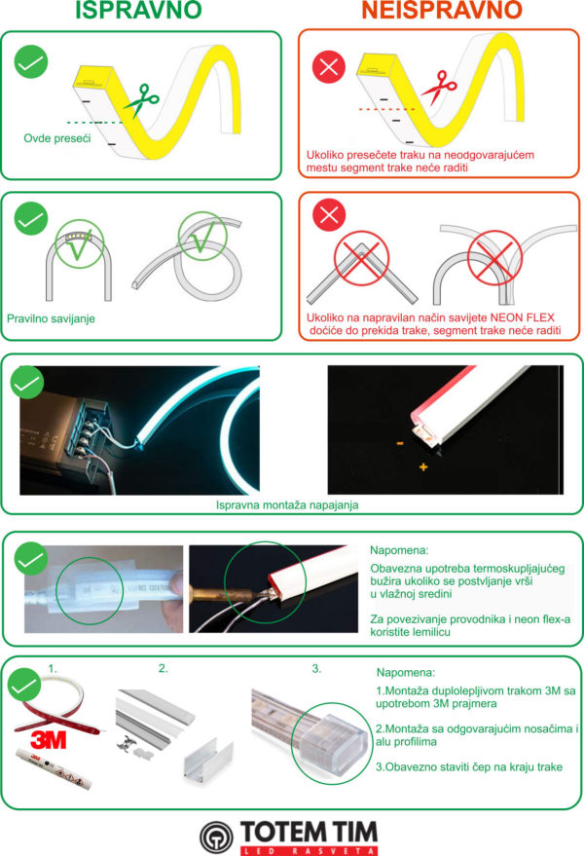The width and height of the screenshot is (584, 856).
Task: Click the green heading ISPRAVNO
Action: pos(138,10)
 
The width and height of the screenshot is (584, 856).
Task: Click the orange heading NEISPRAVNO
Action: pos(442,10)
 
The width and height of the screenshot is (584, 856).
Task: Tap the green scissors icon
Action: pos(142,100)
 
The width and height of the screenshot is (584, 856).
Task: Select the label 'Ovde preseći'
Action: pos(57,138)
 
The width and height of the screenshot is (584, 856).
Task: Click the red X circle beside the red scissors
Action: pos(329,67)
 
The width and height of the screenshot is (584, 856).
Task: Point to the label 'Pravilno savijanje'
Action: pos(51,318)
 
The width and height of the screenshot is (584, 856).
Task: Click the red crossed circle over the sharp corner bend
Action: pos(361,257)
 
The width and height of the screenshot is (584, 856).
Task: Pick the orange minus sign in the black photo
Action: pos(400,443)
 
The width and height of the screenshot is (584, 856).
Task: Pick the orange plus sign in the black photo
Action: pos(423,466)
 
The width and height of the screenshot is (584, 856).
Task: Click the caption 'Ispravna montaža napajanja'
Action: pos(287,505)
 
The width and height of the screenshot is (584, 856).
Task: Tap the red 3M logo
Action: pos(48,740)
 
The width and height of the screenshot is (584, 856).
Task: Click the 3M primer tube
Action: pos(54,768)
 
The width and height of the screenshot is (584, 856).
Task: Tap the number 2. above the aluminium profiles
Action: pos(164,668)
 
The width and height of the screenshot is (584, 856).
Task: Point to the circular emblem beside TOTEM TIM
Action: pos(216,837)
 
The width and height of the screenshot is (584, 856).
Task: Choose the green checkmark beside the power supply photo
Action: pos(27,383)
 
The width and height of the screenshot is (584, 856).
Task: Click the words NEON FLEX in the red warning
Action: pos(523,317)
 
